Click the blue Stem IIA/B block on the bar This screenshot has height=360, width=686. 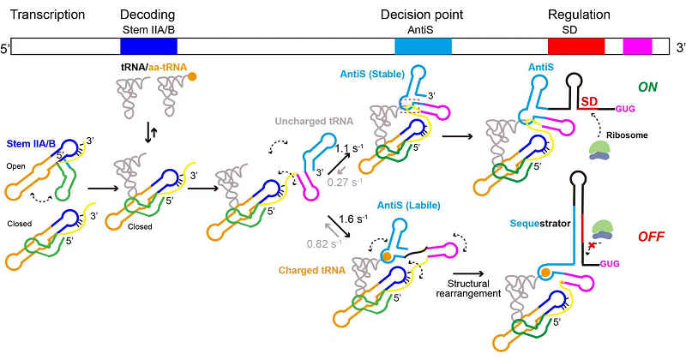tap(148, 47)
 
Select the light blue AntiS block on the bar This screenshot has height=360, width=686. tap(423, 47)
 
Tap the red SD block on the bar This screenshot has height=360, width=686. tap(576, 47)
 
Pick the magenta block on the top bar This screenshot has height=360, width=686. tap(637, 47)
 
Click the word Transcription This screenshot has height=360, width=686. tap(44, 15)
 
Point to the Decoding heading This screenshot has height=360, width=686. tap(148, 15)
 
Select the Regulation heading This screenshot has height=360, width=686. tap(579, 15)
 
